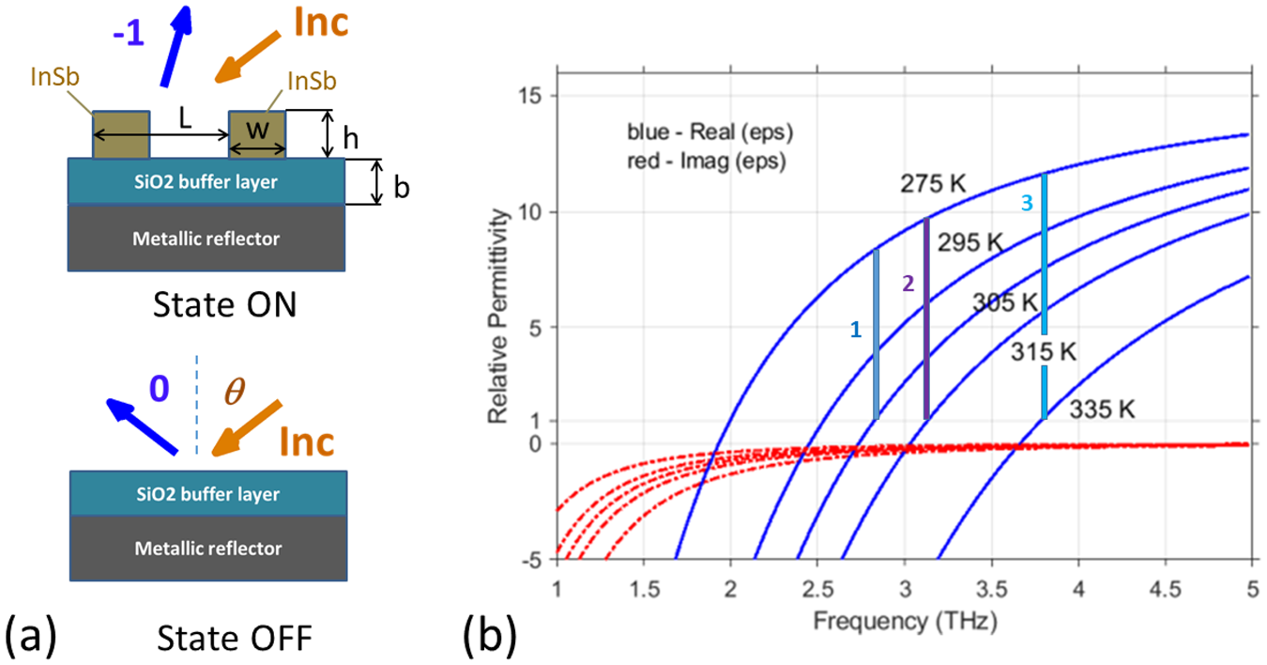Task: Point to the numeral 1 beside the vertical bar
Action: coord(855,330)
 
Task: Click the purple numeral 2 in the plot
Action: coord(908,285)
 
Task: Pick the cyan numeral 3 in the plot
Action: coord(1027,202)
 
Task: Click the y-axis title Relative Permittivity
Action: coord(507,317)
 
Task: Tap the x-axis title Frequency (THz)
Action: coord(904,621)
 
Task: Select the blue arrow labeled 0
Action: coord(141,425)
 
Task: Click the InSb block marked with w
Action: coord(257,134)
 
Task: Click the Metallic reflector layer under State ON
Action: coord(206,239)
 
